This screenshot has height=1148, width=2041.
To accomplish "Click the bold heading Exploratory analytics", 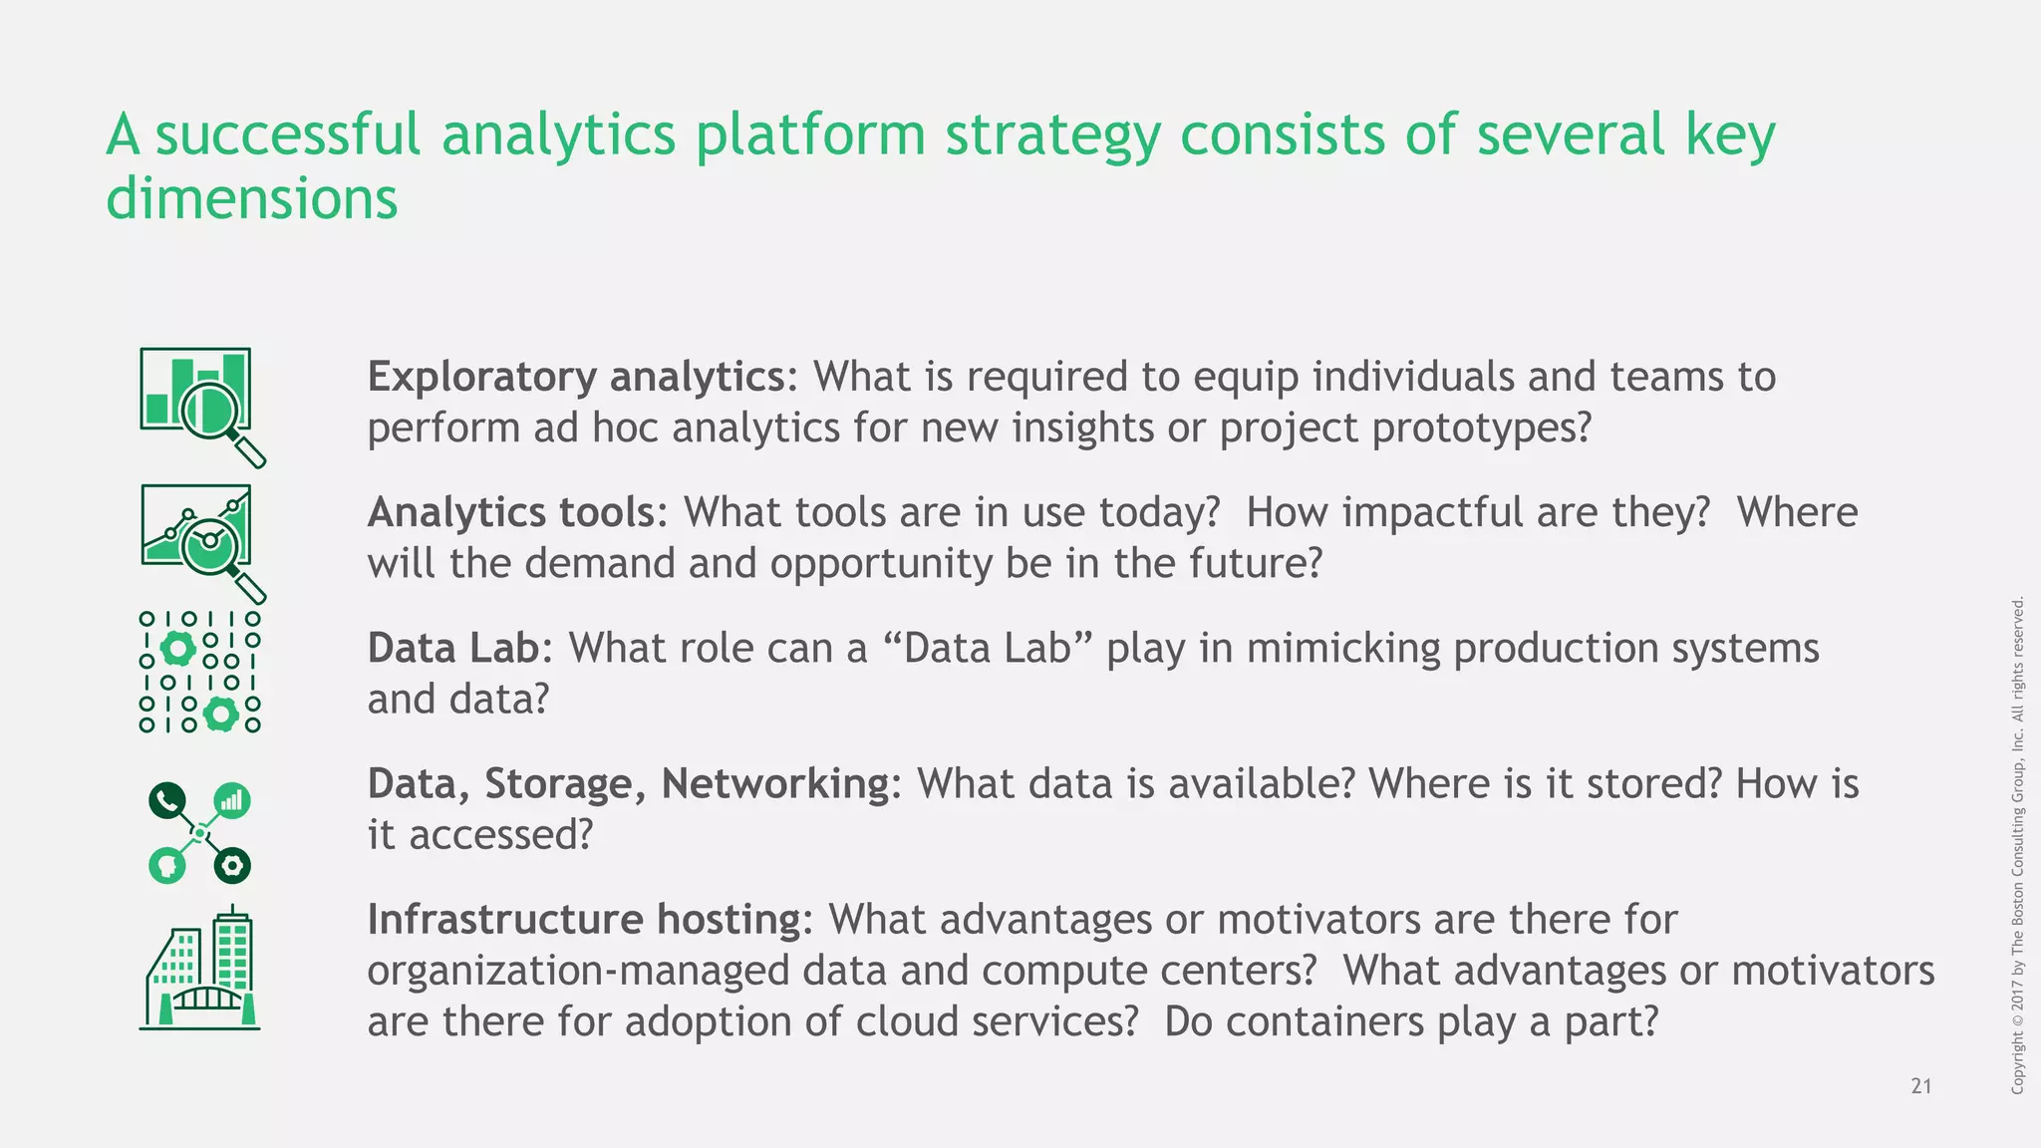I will (x=582, y=377).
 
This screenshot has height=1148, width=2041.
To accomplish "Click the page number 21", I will (x=1921, y=1086).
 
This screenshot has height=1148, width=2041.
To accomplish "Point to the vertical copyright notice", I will (x=2018, y=845).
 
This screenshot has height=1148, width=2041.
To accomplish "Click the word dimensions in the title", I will (x=252, y=198).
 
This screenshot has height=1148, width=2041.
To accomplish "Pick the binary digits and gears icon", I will (x=200, y=673).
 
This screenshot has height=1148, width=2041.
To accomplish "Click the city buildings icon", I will (x=200, y=969).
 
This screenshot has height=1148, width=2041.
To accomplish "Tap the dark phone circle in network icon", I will (x=167, y=800).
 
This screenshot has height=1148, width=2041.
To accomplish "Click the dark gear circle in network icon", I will (x=232, y=866).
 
